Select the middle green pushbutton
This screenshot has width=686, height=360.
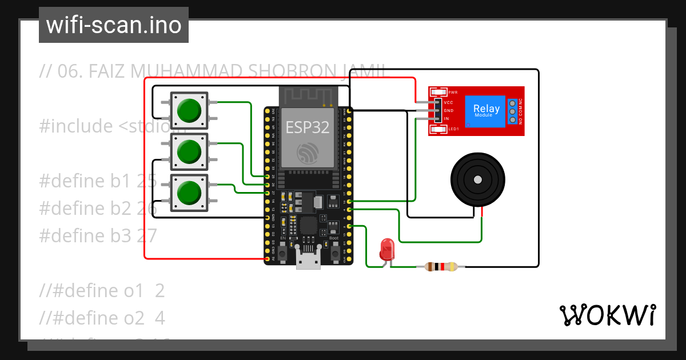(189, 151)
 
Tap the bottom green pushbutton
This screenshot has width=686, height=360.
(189, 193)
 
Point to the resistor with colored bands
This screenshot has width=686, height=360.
(440, 266)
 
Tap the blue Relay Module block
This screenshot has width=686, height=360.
(486, 111)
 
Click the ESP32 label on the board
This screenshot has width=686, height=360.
(308, 127)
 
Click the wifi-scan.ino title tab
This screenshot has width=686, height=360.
(114, 25)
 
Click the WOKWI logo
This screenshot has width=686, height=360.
(607, 315)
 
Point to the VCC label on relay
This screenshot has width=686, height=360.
(449, 102)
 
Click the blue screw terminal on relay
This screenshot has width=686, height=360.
(512, 111)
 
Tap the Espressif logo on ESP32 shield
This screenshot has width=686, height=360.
(308, 153)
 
